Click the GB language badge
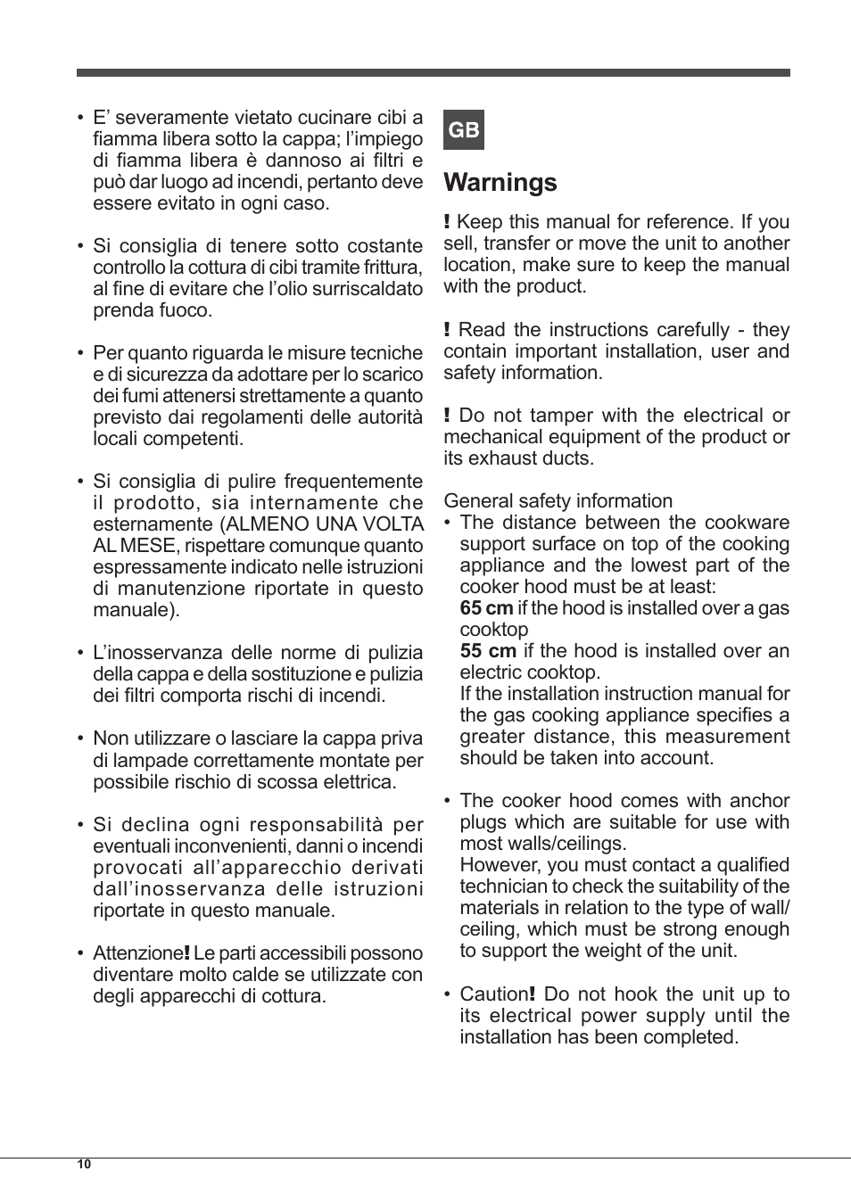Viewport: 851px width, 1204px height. (463, 130)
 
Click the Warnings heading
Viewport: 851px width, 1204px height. (500, 182)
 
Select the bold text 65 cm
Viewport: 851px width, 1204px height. (486, 608)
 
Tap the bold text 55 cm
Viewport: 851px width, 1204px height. (488, 651)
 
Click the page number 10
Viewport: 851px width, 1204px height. (84, 1164)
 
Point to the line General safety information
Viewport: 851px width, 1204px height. (558, 501)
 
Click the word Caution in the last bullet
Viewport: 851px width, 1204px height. (493, 994)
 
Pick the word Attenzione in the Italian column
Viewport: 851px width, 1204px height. (136, 953)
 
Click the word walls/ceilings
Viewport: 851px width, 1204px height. (573, 844)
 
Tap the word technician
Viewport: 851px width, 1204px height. (503, 887)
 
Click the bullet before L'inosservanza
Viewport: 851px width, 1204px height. (80, 654)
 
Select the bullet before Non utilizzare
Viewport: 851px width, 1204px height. (80, 739)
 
